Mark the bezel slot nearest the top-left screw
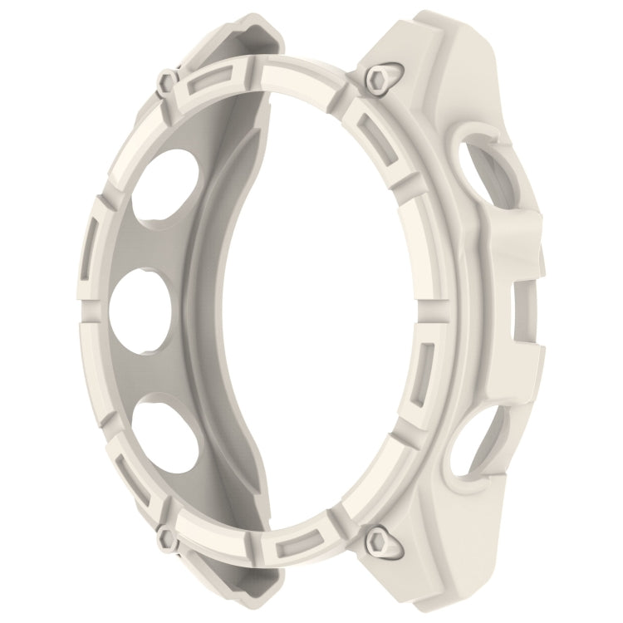(200, 83)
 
